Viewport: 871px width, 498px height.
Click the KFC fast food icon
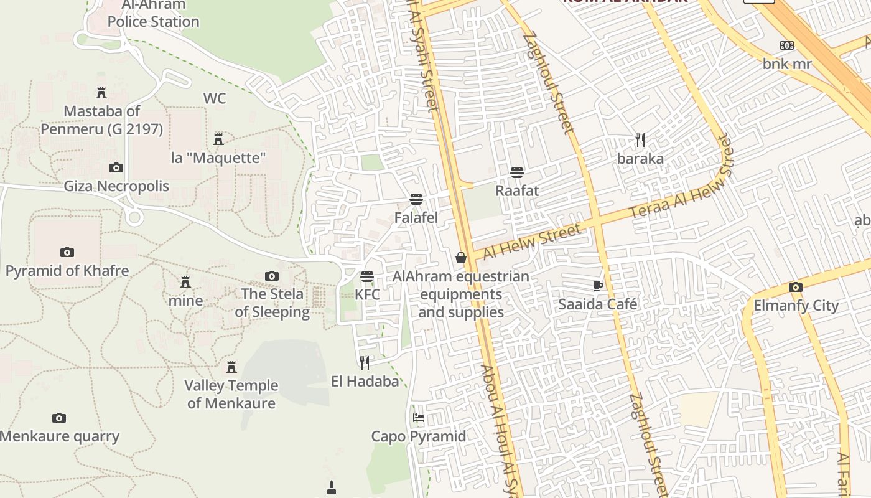click(367, 276)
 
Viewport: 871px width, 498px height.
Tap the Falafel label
click(416, 218)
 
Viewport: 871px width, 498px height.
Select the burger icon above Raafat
click(516, 172)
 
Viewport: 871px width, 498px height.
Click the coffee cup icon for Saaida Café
click(597, 286)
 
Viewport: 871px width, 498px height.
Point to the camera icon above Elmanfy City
click(795, 287)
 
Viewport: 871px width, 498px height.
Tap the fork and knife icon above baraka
click(640, 139)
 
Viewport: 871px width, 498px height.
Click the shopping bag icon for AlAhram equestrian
click(461, 257)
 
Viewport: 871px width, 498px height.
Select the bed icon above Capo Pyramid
click(419, 417)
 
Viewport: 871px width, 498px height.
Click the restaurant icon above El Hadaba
click(365, 362)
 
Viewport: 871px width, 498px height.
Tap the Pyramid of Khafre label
click(67, 271)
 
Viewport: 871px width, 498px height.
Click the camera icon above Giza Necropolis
click(116, 167)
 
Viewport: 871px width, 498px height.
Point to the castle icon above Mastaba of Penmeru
click(101, 93)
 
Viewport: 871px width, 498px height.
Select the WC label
click(215, 98)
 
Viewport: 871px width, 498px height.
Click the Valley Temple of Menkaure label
click(231, 394)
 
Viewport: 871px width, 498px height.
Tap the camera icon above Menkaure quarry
click(59, 418)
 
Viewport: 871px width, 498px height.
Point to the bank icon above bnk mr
click(787, 45)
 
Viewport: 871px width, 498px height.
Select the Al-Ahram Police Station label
click(153, 14)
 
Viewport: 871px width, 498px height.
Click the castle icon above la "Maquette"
click(218, 139)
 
